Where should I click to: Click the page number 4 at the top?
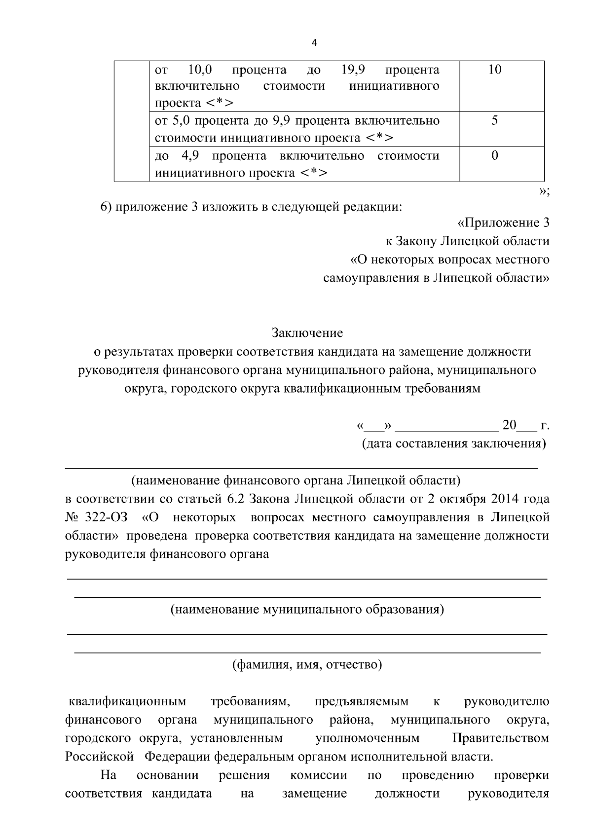(315, 43)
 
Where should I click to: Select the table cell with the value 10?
(494, 70)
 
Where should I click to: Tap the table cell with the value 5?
(494, 121)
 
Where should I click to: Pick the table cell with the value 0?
(495, 156)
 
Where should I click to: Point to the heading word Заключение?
(307, 333)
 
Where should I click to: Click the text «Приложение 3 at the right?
(504, 223)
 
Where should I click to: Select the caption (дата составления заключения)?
(454, 443)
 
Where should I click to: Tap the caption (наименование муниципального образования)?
(307, 609)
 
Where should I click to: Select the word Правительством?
(500, 738)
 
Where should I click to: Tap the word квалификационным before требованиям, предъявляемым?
(127, 701)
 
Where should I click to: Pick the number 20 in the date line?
(509, 425)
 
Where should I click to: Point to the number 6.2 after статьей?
(235, 499)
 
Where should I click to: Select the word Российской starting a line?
(99, 757)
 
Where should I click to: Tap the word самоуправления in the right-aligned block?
(370, 278)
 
